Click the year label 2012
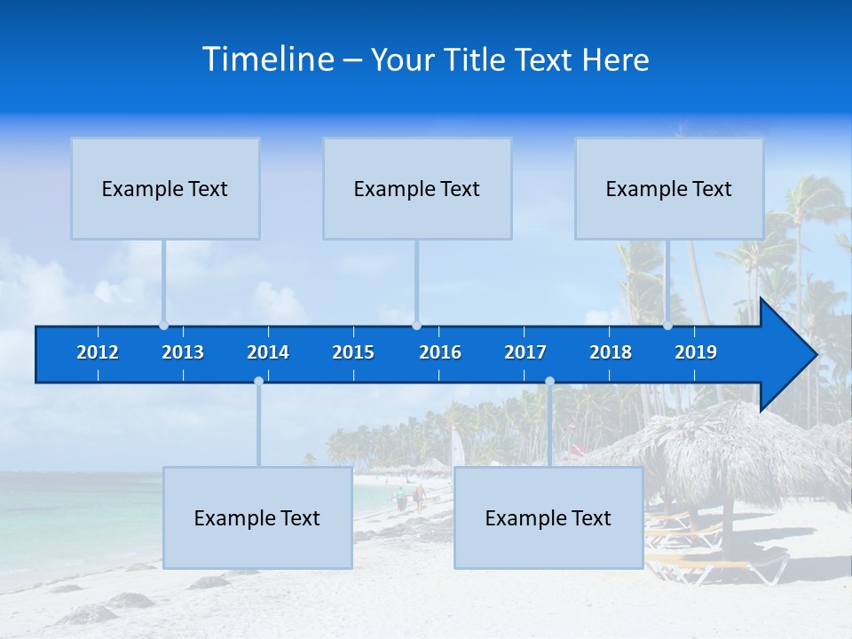click(98, 352)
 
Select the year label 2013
click(183, 352)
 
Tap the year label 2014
click(268, 352)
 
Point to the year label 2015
click(353, 352)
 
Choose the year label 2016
click(440, 352)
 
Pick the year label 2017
click(525, 352)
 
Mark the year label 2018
click(611, 352)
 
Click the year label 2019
click(696, 352)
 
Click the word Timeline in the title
click(267, 59)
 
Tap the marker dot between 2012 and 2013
click(164, 326)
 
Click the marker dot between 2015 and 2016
click(416, 326)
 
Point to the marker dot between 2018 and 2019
click(668, 326)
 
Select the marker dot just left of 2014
click(258, 381)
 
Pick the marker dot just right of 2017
click(549, 381)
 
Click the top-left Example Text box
click(165, 188)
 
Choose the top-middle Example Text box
click(417, 188)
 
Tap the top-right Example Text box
click(669, 188)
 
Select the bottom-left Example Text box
click(257, 517)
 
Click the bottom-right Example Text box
click(548, 517)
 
